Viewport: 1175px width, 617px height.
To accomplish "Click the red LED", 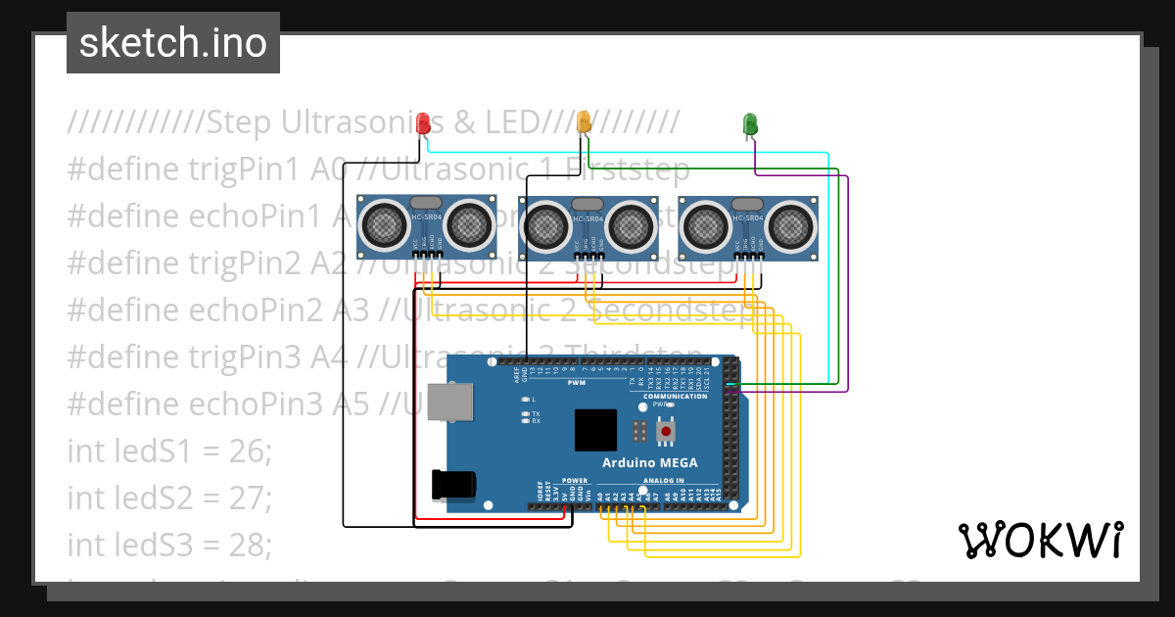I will point(423,123).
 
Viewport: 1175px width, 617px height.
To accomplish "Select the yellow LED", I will point(585,122).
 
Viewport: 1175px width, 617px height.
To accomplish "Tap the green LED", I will point(750,123).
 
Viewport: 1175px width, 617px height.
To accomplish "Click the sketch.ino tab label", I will point(173,43).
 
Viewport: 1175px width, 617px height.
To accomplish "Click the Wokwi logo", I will point(1040,540).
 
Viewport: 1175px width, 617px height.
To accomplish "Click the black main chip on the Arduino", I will point(596,429).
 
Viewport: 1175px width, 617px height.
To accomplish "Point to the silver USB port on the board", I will point(447,403).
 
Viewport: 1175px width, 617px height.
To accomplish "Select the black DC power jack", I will point(453,484).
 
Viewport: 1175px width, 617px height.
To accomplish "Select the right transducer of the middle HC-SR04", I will point(632,225).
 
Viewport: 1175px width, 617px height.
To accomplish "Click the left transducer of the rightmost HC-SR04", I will point(705,225).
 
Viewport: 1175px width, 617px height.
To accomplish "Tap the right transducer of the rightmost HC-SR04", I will point(791,225).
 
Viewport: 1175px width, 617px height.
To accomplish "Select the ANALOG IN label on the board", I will point(664,481).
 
